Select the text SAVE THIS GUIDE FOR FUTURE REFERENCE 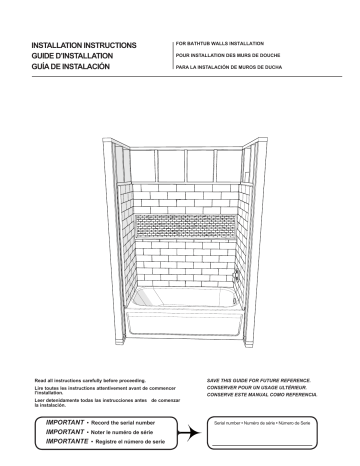[x=265, y=382]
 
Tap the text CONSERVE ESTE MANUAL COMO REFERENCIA [x=264, y=397]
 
